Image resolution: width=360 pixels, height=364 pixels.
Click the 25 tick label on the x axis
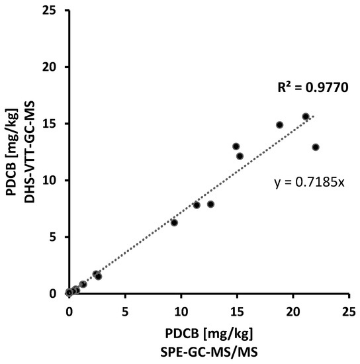point(348,308)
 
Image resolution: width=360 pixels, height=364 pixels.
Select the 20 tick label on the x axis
point(292,308)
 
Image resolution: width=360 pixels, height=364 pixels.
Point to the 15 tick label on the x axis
point(236,308)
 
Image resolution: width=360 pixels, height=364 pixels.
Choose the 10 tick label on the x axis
point(181,308)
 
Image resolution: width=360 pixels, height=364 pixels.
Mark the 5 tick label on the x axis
point(125,308)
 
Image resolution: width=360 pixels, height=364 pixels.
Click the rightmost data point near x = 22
point(316,147)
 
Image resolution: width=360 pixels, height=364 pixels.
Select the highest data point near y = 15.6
point(306,116)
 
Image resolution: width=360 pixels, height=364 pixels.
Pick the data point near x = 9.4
point(174,222)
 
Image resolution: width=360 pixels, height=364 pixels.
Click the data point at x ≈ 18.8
point(279,124)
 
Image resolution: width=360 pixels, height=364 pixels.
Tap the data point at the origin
point(69,292)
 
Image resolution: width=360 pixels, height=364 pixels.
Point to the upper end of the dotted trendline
point(314,116)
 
